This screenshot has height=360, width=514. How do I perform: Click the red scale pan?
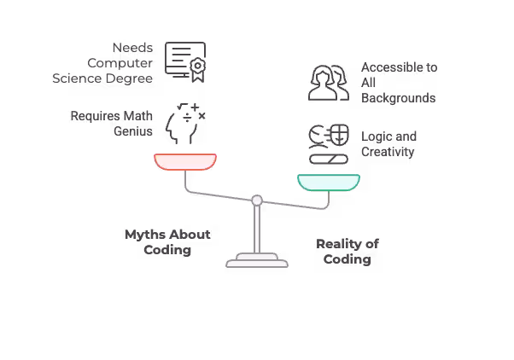(x=185, y=161)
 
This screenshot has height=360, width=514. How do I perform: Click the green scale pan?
(x=329, y=182)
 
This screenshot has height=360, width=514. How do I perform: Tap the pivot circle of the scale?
(x=256, y=201)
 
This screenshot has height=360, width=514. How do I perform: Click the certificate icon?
(x=184, y=61)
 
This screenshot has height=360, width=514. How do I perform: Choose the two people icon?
(x=328, y=82)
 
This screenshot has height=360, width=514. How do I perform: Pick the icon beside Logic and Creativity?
(x=329, y=143)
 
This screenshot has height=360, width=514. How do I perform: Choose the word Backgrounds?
(x=398, y=98)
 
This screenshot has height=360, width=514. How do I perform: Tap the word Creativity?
(x=388, y=152)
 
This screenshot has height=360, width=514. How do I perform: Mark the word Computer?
(x=120, y=62)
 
